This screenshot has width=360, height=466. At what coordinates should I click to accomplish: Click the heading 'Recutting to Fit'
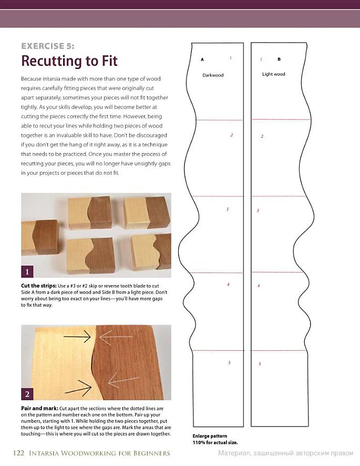pos(69,61)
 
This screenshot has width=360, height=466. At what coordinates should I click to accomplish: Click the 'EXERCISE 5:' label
pos(48,46)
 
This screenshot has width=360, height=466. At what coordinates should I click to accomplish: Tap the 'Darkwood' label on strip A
pos(213,75)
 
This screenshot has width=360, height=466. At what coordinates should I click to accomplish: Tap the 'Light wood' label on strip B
pos(274,74)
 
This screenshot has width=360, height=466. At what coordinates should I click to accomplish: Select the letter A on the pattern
pos(202,59)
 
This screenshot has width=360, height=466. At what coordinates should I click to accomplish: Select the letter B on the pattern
pos(279,59)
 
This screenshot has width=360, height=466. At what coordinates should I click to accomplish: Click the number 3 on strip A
pos(228,209)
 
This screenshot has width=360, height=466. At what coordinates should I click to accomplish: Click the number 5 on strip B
pos(260,364)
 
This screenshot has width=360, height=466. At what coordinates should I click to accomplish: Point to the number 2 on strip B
pos(262,136)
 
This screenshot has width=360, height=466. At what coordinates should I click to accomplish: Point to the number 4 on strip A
pos(228,285)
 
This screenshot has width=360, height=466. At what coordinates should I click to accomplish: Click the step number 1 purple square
pos(27,271)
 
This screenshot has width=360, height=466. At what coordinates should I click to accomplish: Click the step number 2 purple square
pos(27,394)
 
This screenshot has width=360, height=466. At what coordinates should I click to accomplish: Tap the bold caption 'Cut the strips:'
pos(38,286)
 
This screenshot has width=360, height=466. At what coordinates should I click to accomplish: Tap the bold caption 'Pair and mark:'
pos(39,408)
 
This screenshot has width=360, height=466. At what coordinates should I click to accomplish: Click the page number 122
pos(18,453)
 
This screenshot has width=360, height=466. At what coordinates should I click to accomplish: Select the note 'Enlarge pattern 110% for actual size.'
pos(215,439)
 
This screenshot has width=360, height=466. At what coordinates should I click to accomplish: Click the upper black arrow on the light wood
pos(77,336)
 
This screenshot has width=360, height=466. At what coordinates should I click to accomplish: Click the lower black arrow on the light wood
pos(78,388)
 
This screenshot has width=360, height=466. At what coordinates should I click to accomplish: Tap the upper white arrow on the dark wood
pos(116,337)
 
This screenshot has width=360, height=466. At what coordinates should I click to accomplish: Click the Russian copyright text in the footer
pos(286,453)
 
